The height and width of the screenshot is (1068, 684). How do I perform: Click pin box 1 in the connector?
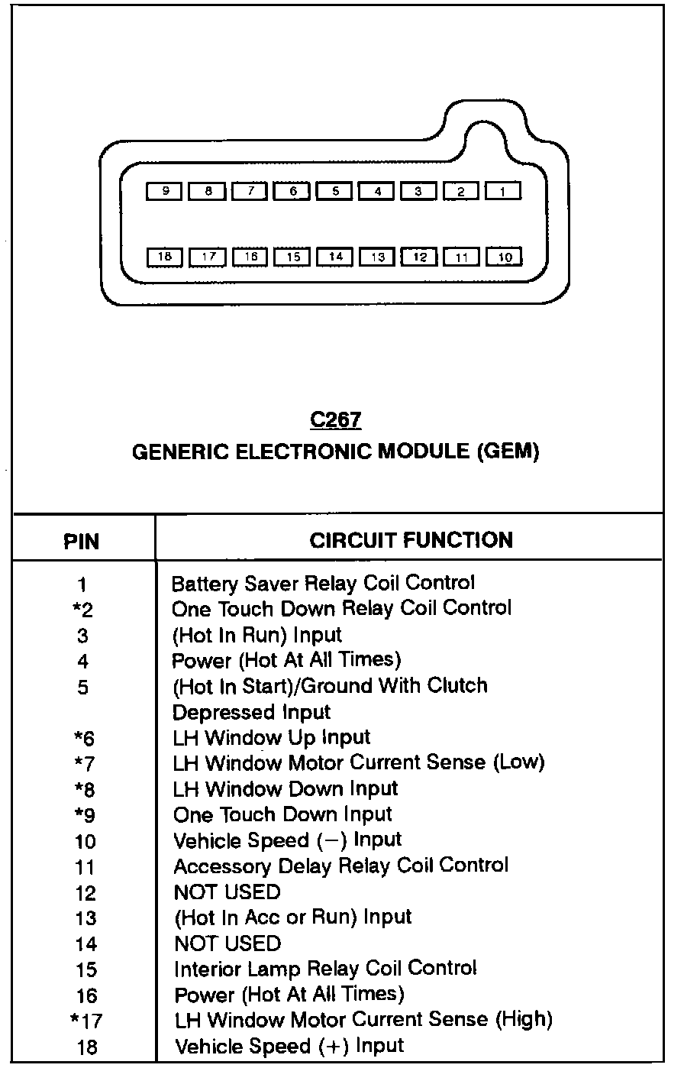[x=503, y=192]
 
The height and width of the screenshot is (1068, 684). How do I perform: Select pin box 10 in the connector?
[x=504, y=257]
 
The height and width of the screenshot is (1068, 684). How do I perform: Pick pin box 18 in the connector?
[x=165, y=257]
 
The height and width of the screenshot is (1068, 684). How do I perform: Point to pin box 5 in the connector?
[x=334, y=192]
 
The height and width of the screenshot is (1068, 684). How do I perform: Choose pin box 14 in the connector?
[x=334, y=257]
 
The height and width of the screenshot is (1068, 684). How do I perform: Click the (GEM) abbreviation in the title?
[x=508, y=451]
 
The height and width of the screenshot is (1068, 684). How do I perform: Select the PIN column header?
[x=82, y=542]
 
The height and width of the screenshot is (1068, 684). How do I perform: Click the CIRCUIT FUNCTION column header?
[x=411, y=540]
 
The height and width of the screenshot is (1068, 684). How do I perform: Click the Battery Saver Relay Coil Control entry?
[x=323, y=584]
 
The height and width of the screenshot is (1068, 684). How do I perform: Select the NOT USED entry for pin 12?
[x=227, y=892]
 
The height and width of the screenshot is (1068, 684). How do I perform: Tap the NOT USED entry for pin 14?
[x=227, y=943]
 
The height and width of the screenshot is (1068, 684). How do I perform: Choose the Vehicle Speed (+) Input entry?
[x=289, y=1046]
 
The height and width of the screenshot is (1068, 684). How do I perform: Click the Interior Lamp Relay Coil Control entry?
[x=325, y=969]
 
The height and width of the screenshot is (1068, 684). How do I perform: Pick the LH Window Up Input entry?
[x=271, y=738]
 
